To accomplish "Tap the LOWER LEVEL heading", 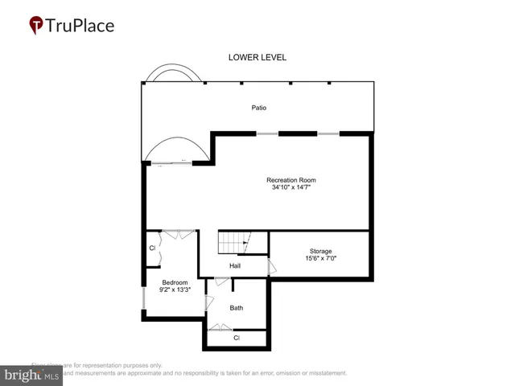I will [257, 58].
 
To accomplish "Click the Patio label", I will [257, 108].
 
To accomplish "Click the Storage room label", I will [320, 251].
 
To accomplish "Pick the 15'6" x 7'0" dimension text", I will [320, 259].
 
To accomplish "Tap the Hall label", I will [235, 266].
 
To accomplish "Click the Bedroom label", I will [175, 282].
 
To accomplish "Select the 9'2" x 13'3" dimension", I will [175, 290].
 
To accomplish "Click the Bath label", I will [237, 307].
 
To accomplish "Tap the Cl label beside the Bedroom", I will [152, 248].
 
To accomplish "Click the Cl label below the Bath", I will [237, 338].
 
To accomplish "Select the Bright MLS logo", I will [32, 374].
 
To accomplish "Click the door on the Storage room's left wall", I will [272, 267].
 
